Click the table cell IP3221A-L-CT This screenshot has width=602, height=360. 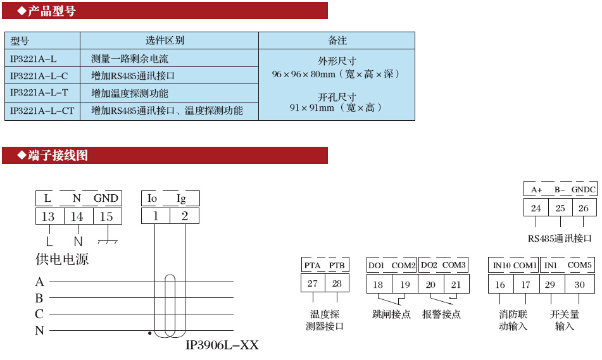[x=42, y=111]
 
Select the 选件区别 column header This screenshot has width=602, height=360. [x=165, y=40]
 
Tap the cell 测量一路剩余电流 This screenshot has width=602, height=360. [x=130, y=59]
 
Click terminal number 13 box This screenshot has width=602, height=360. [x=48, y=216]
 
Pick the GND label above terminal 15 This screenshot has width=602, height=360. [x=106, y=199]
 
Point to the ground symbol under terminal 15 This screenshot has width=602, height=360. [x=108, y=241]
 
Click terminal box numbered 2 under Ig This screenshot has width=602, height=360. [x=184, y=216]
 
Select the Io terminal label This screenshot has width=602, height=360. [x=152, y=199]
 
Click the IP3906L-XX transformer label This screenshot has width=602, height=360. [x=222, y=346]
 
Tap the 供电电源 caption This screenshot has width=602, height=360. [x=62, y=259]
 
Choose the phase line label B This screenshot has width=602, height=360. [x=39, y=298]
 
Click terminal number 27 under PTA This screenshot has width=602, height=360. [x=313, y=283]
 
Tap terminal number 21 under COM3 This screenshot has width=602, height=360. [x=456, y=284]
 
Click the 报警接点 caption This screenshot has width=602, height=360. [x=442, y=314]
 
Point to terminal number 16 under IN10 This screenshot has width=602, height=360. [x=500, y=284]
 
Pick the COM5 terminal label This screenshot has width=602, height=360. [x=579, y=265]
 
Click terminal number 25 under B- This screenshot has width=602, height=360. [x=560, y=208]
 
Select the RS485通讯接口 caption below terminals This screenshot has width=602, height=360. [x=560, y=239]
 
